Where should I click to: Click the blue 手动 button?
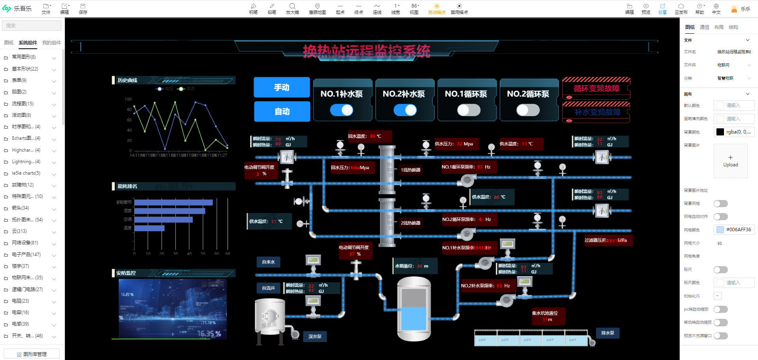tap(281, 87)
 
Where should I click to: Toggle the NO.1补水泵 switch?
tap(342, 110)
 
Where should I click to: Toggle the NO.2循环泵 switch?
tap(528, 110)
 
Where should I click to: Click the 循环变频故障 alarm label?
tap(596, 88)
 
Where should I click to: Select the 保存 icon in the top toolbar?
tap(83, 8)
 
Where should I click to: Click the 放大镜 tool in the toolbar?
tap(292, 8)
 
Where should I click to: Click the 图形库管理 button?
tap(32, 354)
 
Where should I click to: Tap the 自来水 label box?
tap(268, 262)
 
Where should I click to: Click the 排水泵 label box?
tap(608, 333)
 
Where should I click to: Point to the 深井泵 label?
tap(315, 336)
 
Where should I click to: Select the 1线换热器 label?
tap(410, 170)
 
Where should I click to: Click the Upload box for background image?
tap(730, 161)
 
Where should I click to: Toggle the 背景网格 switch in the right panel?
tap(720, 204)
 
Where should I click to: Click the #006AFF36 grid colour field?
tap(734, 230)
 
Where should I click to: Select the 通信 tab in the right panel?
tap(704, 27)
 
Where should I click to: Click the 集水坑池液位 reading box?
tap(547, 316)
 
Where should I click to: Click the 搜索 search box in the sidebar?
tap(32, 26)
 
